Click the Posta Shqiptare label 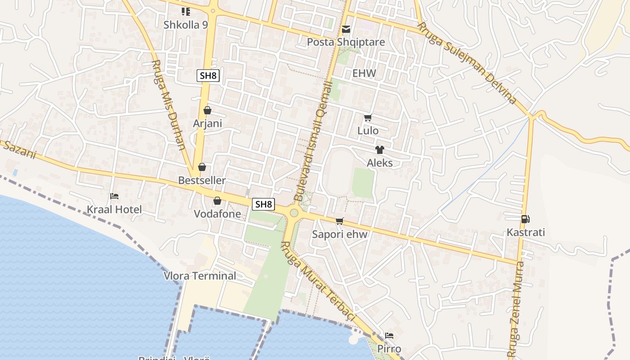point(346,42)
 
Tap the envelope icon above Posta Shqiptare point(346,30)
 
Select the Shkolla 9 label point(185,25)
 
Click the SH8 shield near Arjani point(208,76)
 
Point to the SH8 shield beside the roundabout point(263,204)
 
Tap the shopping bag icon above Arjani point(207,110)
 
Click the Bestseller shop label point(202,180)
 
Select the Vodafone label point(217,214)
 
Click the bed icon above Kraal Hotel point(114,196)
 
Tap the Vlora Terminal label point(199,276)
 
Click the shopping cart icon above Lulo point(368,118)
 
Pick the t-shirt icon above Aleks point(380,150)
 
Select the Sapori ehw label point(340,234)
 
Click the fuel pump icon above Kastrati point(525,219)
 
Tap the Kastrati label point(526,233)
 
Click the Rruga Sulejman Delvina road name point(467,63)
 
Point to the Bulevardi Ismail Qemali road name point(313,141)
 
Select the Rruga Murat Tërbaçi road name point(318,281)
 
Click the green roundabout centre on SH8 point(294,212)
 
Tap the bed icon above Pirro point(389,336)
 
